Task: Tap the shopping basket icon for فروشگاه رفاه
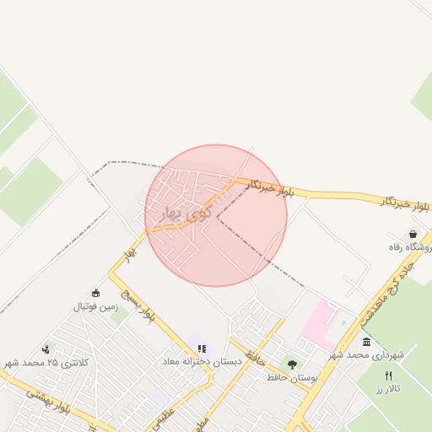click(413, 234)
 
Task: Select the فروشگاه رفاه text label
click(403, 247)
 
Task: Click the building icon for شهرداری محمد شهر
click(366, 341)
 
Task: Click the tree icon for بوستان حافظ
click(292, 364)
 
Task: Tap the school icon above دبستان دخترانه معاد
click(201, 348)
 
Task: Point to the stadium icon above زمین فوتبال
click(95, 293)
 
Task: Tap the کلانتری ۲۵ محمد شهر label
click(46, 362)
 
